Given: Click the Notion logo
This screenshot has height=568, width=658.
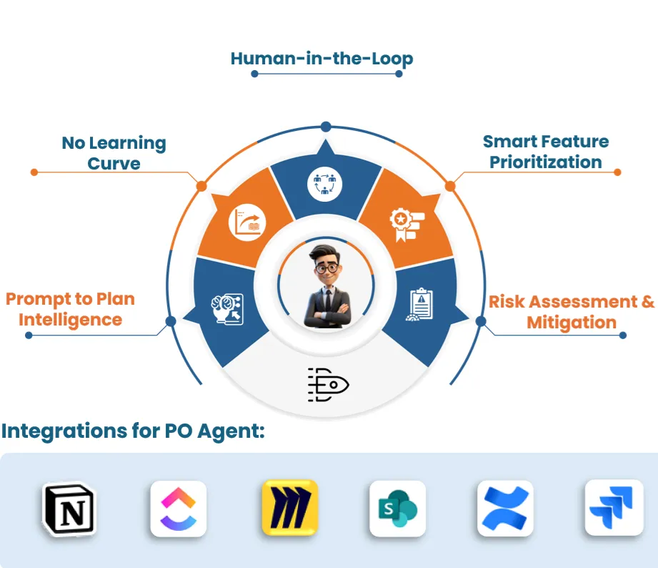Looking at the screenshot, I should [69, 509].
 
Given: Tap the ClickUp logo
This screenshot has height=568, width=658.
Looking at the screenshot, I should [179, 509].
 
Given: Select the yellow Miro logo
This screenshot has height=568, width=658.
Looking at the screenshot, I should [289, 508].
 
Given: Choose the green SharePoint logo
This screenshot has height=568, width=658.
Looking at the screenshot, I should [397, 509].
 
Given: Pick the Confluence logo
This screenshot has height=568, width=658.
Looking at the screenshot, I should [505, 509].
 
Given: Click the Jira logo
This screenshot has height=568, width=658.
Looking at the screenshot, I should [613, 508].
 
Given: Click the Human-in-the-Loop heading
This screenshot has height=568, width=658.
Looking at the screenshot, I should [321, 59].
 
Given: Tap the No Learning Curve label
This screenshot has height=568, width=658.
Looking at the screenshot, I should [114, 153].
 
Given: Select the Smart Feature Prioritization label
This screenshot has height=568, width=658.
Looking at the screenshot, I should [545, 152].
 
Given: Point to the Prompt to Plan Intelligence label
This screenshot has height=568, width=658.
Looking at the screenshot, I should [70, 309].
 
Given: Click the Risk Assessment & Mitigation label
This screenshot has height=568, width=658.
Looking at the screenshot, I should [572, 312].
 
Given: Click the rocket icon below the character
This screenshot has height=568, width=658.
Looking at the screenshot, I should [328, 384].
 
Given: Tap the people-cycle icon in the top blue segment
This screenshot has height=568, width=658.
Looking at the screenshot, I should [325, 184].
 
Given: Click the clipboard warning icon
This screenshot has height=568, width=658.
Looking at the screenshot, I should [419, 305].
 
